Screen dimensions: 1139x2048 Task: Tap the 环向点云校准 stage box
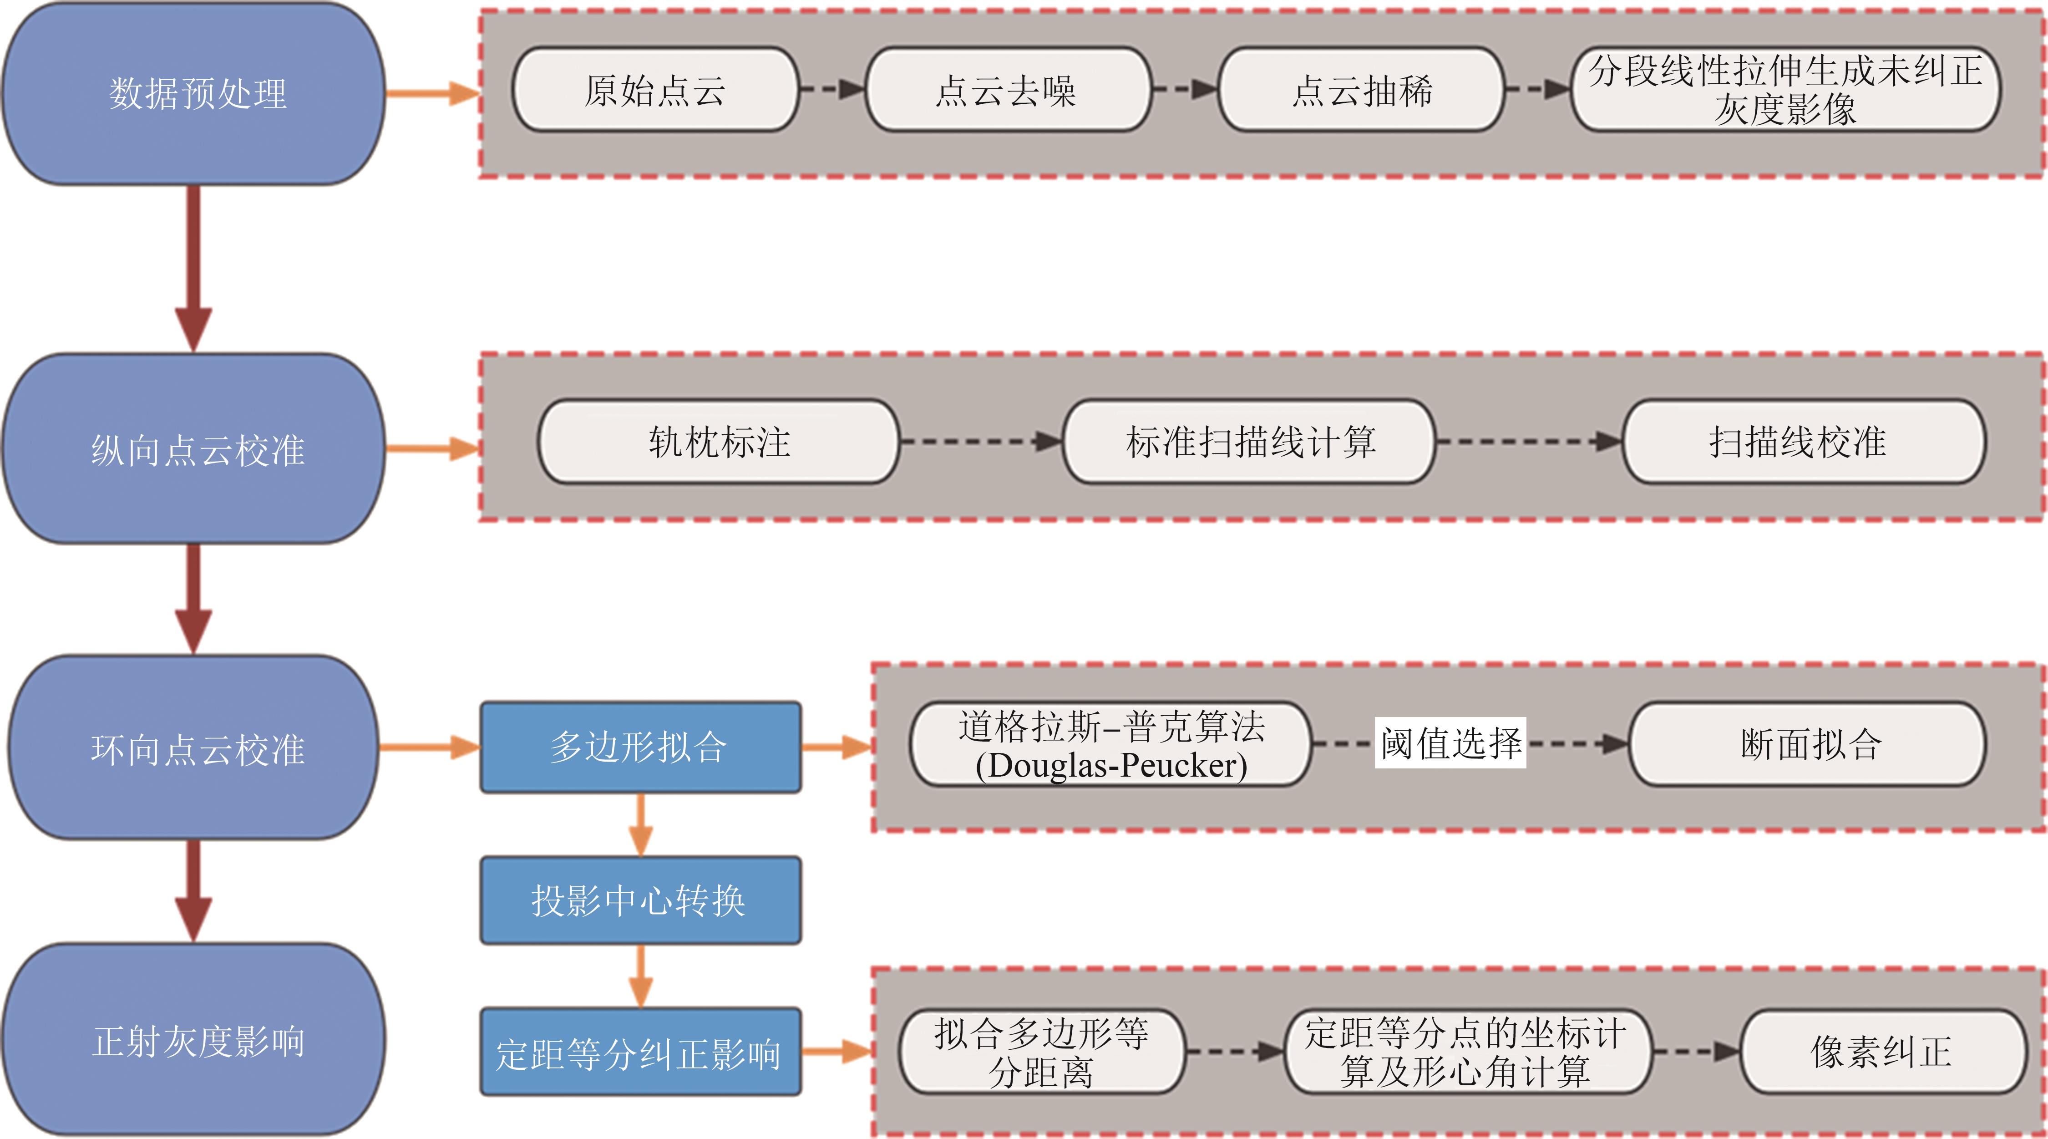point(195,747)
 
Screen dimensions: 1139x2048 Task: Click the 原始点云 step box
point(655,90)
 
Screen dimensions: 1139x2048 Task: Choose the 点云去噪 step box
point(1007,90)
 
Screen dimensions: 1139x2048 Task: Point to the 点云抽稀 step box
point(1361,90)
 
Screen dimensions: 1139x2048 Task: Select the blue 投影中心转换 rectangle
point(640,900)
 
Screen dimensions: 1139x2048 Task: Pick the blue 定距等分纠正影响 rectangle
point(640,1052)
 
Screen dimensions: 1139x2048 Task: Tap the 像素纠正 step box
point(1882,1052)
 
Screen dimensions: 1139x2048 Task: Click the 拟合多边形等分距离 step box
point(1041,1052)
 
